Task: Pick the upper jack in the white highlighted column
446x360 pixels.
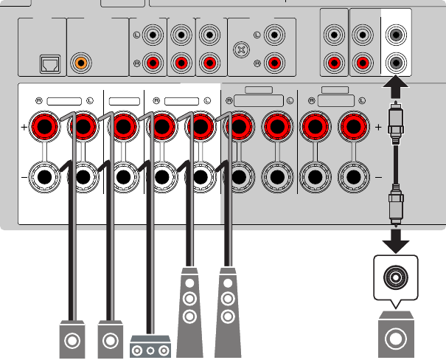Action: tap(397, 35)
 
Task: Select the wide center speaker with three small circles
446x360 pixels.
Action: tap(150, 347)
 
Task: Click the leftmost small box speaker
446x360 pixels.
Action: tap(72, 341)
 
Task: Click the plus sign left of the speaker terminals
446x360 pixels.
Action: tap(24, 128)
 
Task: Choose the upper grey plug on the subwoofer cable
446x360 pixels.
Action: tap(397, 128)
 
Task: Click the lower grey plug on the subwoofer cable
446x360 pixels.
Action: tap(397, 207)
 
